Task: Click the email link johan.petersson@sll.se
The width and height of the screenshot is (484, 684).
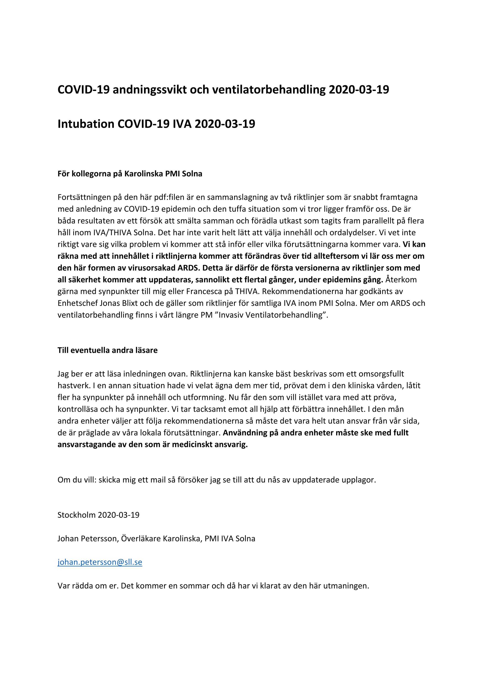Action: tap(100, 562)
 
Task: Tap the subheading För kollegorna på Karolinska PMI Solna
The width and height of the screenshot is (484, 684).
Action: tap(130, 174)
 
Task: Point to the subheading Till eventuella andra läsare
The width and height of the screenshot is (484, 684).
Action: tap(107, 350)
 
